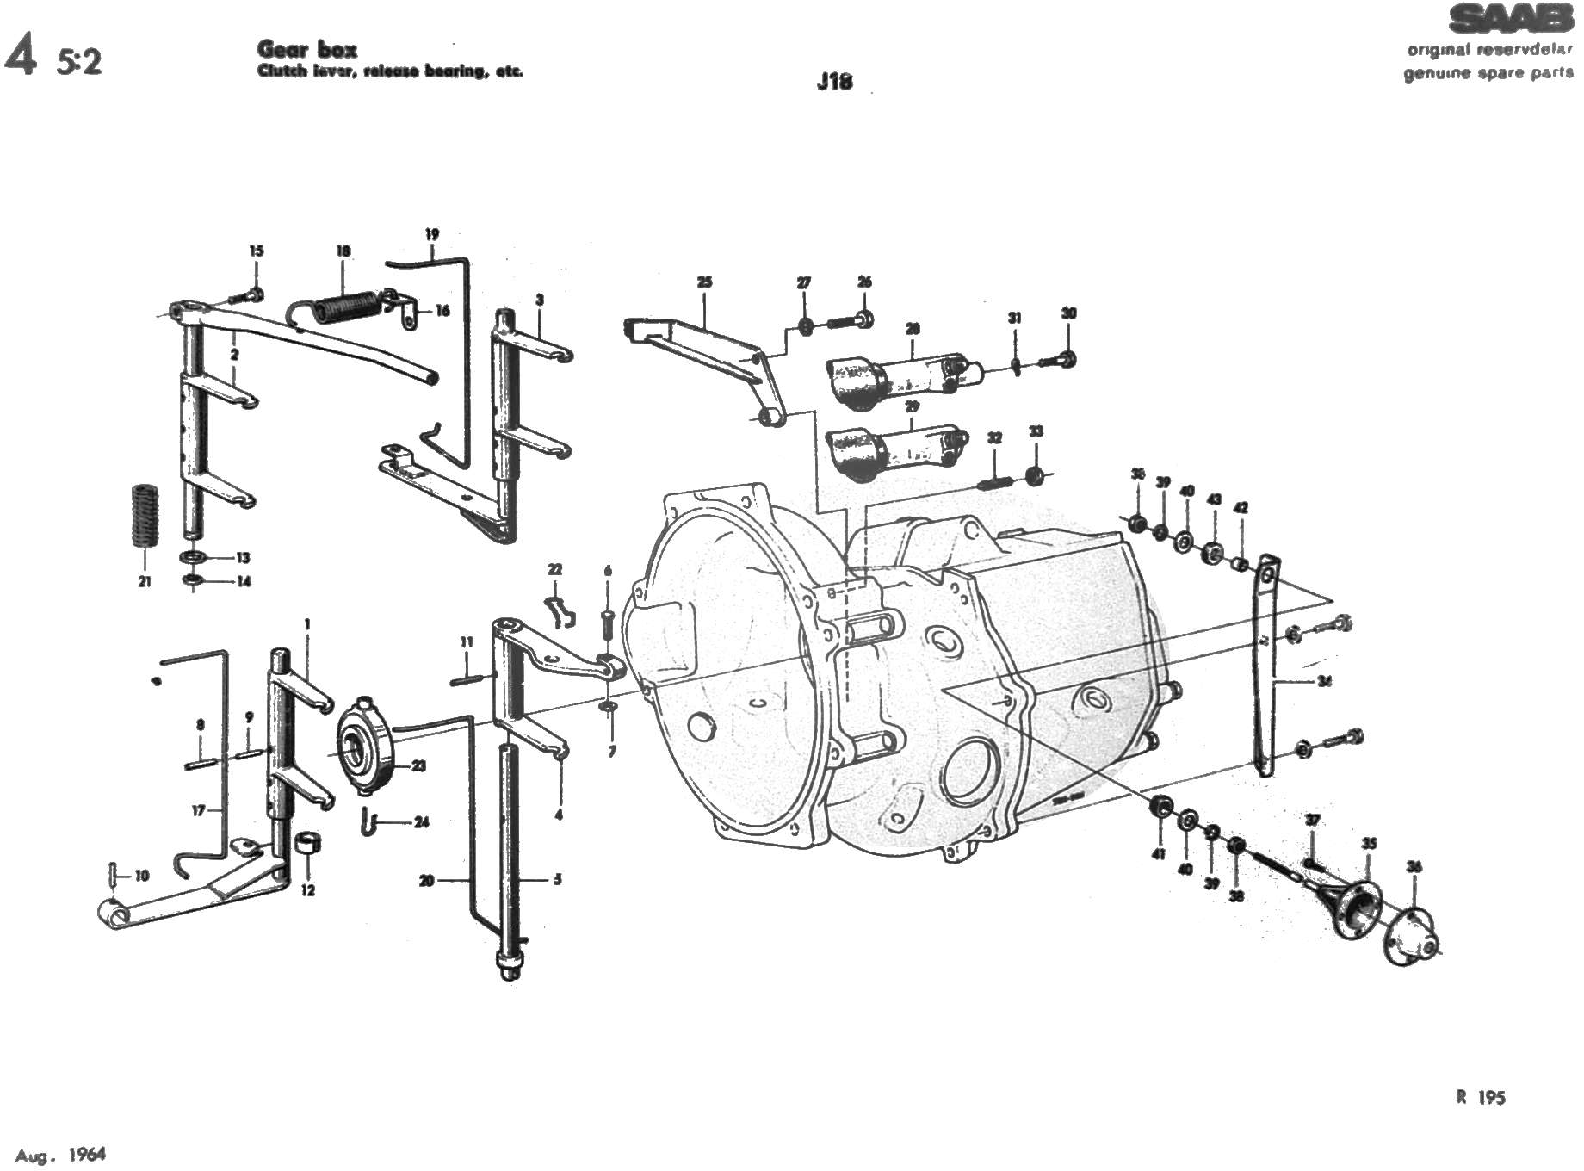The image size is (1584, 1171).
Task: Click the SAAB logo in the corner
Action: click(1508, 20)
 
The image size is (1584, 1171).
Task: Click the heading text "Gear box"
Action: click(306, 49)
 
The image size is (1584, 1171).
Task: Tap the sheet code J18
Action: click(834, 82)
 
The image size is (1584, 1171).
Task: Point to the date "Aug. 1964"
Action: click(60, 1154)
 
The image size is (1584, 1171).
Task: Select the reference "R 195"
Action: click(1481, 1097)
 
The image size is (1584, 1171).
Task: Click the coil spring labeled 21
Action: click(144, 516)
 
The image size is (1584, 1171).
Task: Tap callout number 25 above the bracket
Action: click(704, 282)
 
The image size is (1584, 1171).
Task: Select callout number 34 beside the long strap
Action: click(1324, 681)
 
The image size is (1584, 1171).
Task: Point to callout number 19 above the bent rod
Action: click(432, 234)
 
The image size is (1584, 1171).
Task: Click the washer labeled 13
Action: click(193, 557)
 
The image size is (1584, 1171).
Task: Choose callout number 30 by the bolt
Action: click(1068, 313)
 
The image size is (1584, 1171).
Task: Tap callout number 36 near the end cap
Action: click(1414, 867)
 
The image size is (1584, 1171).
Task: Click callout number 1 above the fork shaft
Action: click(306, 623)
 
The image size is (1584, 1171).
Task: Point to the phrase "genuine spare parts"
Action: click(1488, 72)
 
